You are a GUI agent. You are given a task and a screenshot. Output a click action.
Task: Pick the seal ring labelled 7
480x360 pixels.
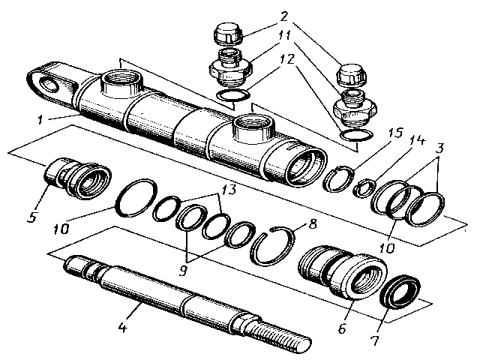(x=398, y=289)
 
